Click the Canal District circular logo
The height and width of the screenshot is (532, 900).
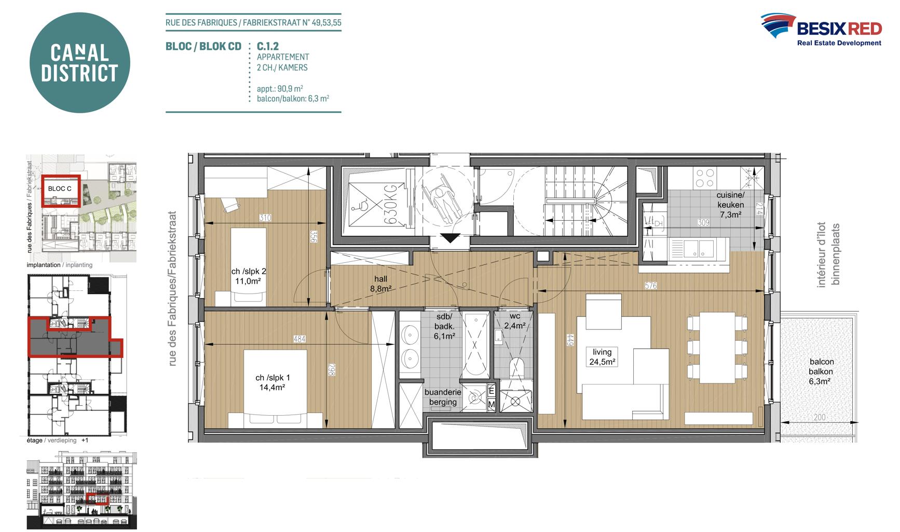click(79, 63)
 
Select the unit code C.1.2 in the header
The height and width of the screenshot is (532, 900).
click(268, 46)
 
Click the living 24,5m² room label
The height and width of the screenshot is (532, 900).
click(602, 357)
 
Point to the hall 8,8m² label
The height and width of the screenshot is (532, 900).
click(380, 284)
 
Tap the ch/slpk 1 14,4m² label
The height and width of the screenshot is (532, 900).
click(272, 382)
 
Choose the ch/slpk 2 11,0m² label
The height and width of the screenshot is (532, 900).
click(249, 276)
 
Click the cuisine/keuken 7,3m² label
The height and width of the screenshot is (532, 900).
click(730, 205)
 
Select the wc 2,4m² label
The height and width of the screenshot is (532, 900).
click(515, 321)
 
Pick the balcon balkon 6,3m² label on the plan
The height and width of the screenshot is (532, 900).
click(821, 371)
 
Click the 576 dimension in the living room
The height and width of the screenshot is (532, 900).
click(651, 286)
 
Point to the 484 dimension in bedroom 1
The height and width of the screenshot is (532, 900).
click(299, 339)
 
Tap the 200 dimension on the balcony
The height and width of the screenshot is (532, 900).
click(820, 417)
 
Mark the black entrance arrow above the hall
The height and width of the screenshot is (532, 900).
click(450, 238)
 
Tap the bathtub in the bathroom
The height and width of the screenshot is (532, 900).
click(475, 345)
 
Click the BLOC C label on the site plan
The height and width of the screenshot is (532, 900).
click(60, 189)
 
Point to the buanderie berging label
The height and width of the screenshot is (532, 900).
click(443, 397)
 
